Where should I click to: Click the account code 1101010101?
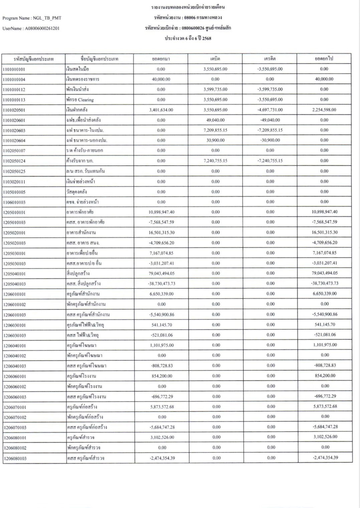(x=14, y=70)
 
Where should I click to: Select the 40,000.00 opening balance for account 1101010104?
(x=161, y=80)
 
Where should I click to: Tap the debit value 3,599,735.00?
(x=215, y=90)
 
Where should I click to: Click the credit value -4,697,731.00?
(x=270, y=110)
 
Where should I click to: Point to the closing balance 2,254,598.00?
(x=324, y=110)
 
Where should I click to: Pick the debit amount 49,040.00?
(x=215, y=120)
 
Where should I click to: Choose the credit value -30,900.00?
(x=270, y=140)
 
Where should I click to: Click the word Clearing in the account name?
(x=86, y=100)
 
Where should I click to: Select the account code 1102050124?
(x=14, y=161)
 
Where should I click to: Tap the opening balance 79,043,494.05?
(x=161, y=273)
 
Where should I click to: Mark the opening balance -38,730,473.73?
(x=161, y=284)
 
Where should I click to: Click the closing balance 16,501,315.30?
(x=324, y=232)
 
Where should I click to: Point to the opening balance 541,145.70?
(x=162, y=325)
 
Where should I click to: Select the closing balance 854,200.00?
(x=325, y=376)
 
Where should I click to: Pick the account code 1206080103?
(x=15, y=459)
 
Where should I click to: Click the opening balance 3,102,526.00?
(x=162, y=437)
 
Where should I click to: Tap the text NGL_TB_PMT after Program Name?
(x=47, y=18)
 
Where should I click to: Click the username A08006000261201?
(x=42, y=29)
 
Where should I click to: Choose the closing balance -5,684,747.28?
(x=325, y=427)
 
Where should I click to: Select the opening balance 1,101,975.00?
(x=162, y=345)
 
